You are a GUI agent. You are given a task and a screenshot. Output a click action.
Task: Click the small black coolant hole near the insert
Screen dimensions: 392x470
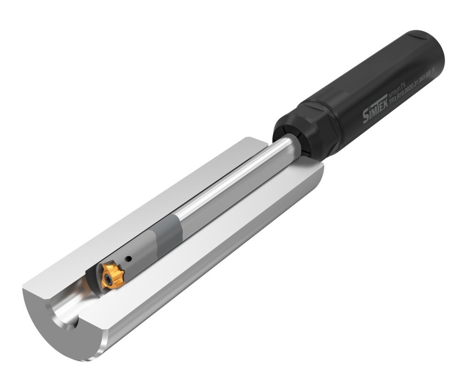pos(128,258)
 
